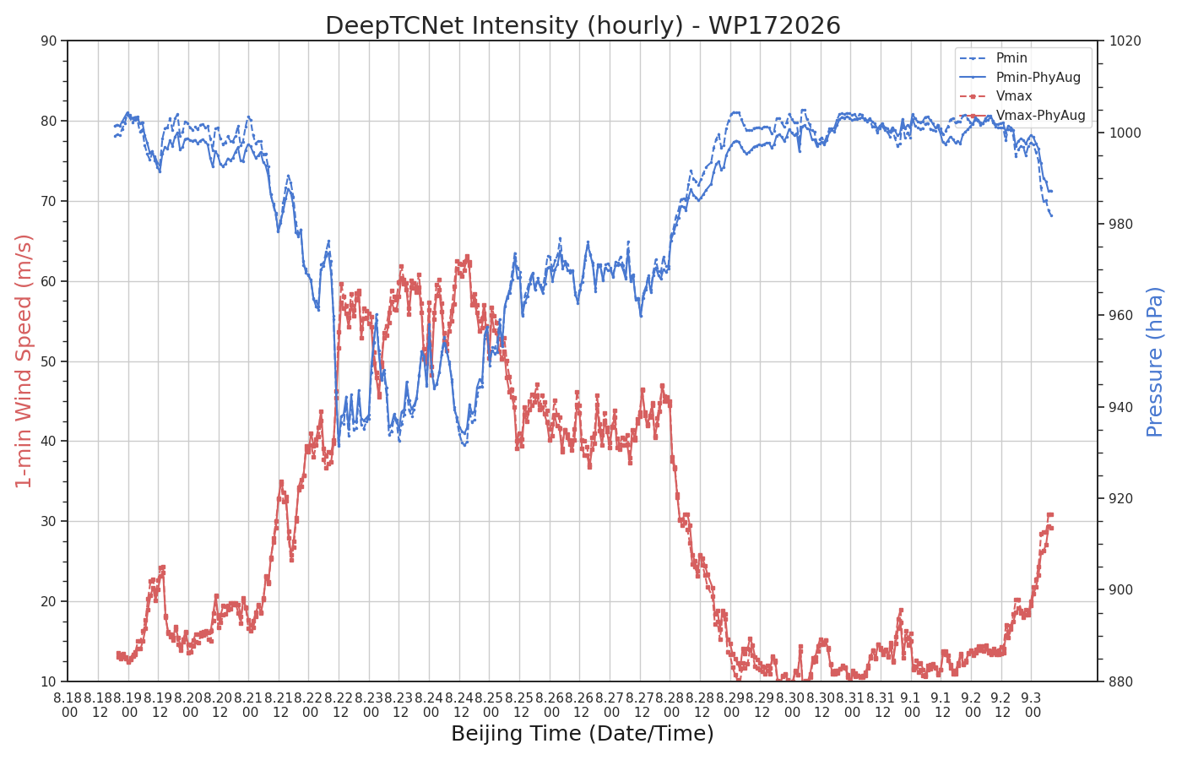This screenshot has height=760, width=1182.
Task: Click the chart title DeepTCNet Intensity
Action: [583, 25]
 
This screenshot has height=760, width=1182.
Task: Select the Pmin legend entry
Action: [993, 58]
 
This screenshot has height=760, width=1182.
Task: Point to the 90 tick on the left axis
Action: [49, 41]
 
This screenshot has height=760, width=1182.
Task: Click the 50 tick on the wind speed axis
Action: [49, 361]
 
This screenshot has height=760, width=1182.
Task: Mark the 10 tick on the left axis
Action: [49, 682]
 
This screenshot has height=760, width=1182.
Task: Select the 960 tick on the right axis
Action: [1121, 316]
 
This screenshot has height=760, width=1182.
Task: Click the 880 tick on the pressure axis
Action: [1121, 682]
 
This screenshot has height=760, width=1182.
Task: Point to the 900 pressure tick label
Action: [1121, 590]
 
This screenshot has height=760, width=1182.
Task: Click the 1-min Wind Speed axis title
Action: [24, 361]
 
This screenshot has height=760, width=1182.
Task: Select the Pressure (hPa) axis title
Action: [1155, 361]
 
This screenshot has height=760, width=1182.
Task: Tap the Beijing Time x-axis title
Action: [583, 734]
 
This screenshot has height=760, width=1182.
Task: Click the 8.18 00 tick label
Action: [68, 705]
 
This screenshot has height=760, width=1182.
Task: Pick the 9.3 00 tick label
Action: [1032, 705]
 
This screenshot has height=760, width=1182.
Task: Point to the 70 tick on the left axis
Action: [49, 201]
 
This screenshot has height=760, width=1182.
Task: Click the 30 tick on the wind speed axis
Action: [49, 522]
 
